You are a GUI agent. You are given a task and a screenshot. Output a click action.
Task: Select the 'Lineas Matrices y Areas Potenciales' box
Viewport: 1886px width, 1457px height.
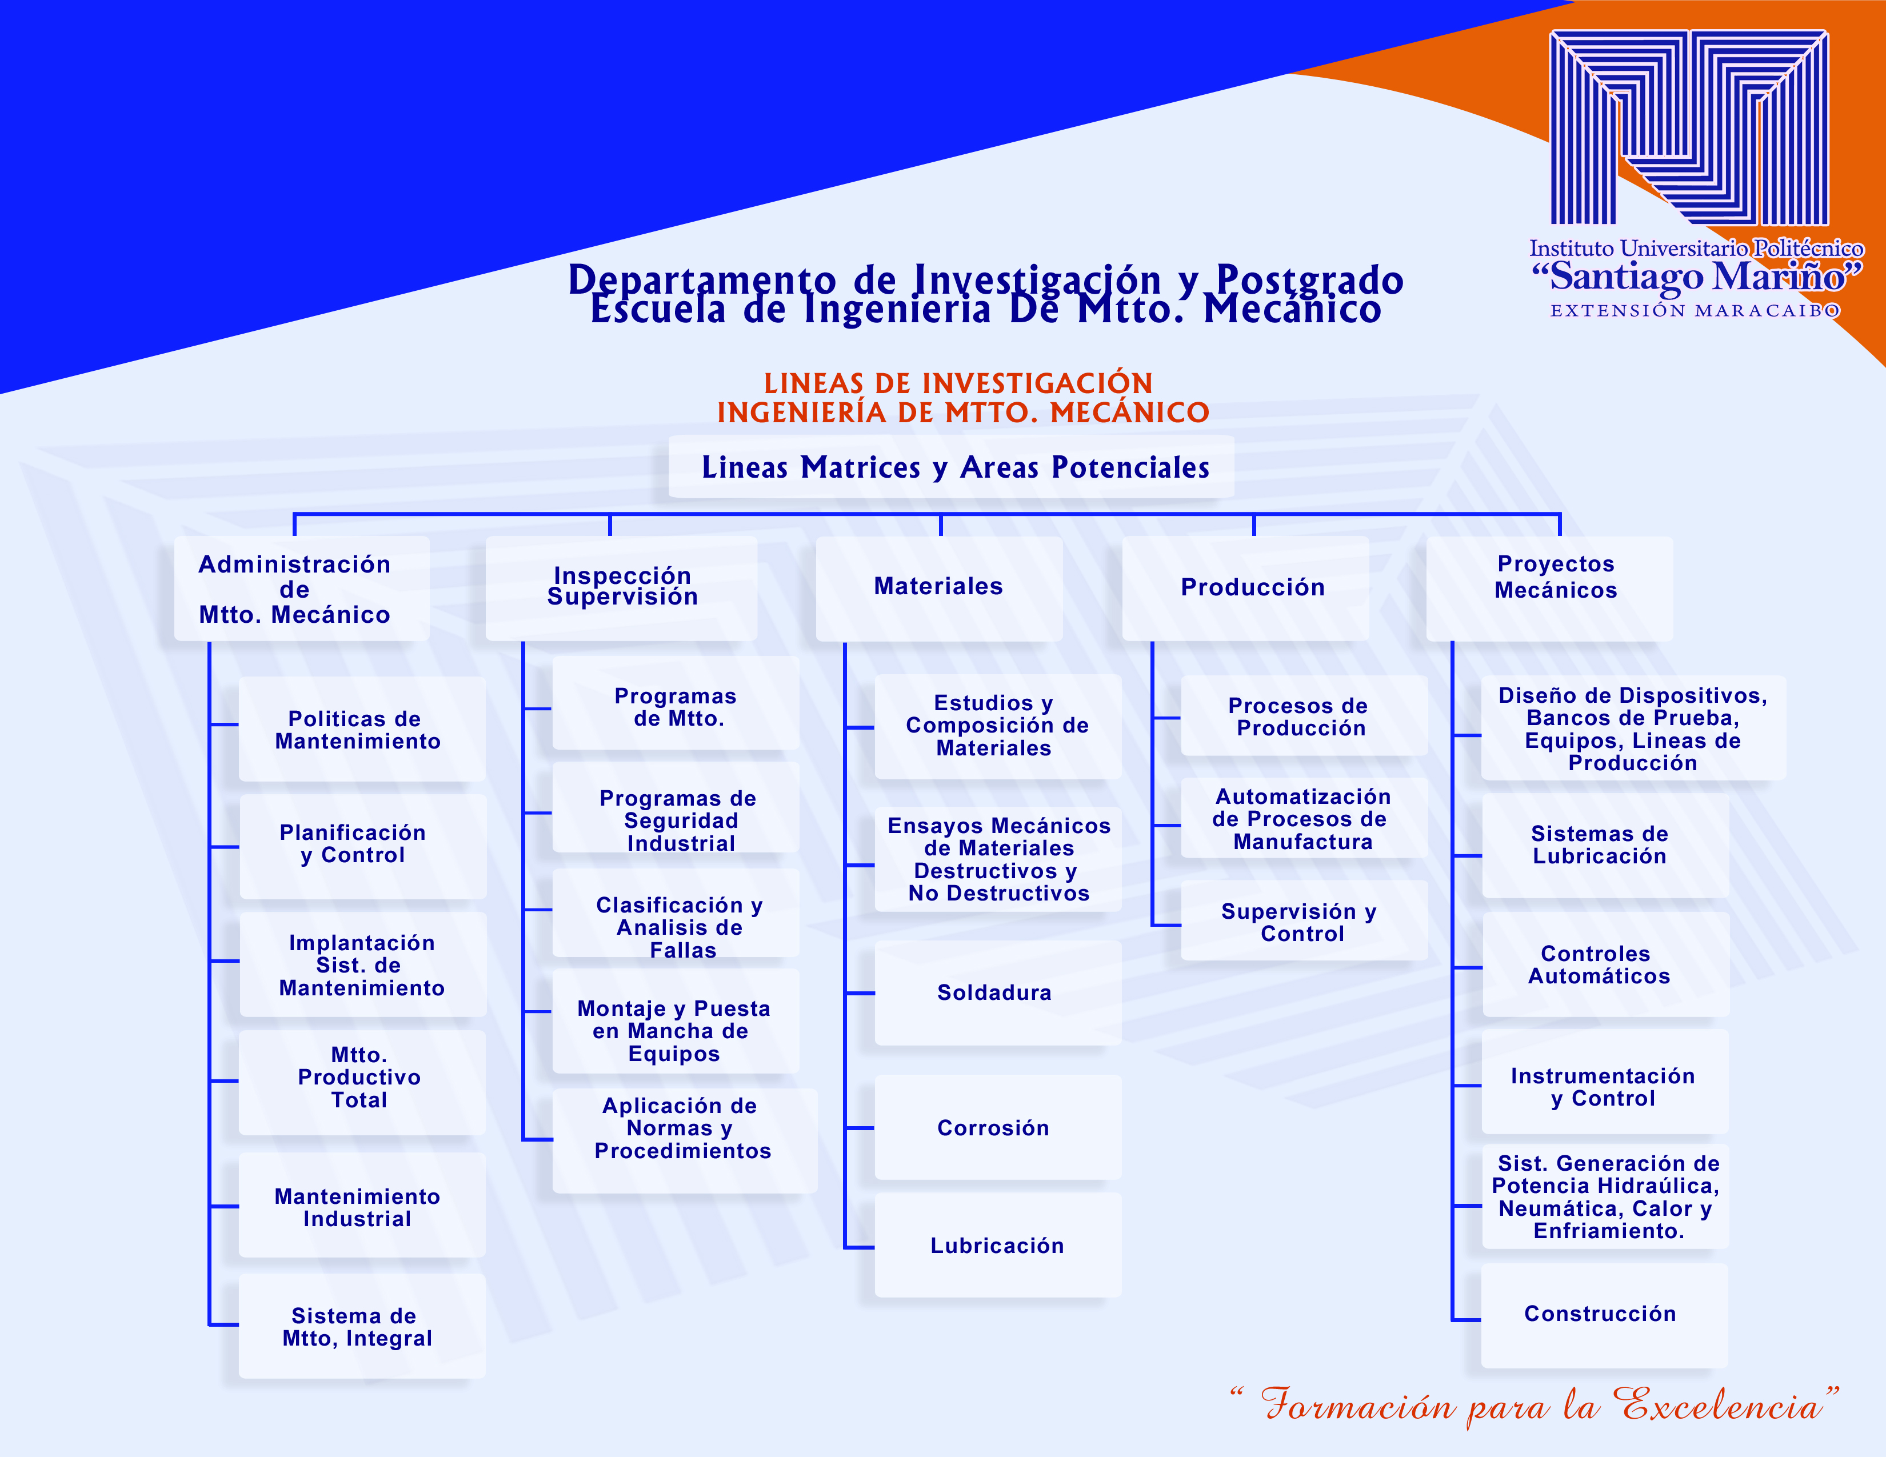click(951, 467)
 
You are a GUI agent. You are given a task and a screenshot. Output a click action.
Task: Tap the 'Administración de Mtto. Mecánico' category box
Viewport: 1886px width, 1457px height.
click(301, 589)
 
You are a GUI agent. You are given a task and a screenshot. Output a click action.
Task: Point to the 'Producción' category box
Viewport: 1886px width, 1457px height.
click(1245, 589)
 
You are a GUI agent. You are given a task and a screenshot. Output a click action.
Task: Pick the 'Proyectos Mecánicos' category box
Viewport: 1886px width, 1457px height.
click(1549, 589)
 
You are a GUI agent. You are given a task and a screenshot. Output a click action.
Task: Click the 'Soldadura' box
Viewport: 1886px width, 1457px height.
click(997, 992)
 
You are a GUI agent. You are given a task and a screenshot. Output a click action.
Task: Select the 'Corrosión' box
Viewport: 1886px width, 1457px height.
click(997, 1127)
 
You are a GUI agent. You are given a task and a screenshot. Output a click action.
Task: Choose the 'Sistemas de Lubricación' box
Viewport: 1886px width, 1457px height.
click(1605, 846)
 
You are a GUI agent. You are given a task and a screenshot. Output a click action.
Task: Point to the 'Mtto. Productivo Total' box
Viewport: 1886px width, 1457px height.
click(362, 1082)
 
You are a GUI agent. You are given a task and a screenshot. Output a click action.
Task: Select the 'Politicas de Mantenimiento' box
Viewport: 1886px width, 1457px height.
click(362, 730)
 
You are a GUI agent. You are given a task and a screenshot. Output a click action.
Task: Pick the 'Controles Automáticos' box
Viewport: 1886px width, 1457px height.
click(1605, 964)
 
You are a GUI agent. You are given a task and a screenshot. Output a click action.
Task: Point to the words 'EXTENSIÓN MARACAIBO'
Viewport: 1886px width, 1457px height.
click(1695, 311)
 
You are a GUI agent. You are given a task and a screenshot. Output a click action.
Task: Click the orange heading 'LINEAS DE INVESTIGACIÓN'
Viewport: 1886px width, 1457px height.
click(958, 383)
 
